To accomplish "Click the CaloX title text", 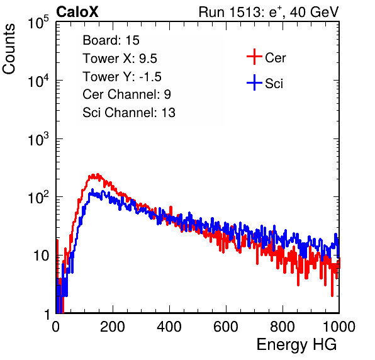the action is [x=77, y=12].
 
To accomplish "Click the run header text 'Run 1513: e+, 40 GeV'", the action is [x=269, y=12].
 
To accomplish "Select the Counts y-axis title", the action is [x=9, y=49].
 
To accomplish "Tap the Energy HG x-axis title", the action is [x=296, y=345].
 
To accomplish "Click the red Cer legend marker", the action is [x=254, y=57].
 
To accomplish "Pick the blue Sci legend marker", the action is [x=254, y=82].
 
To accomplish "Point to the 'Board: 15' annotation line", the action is [x=111, y=40].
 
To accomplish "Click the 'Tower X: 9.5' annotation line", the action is [x=120, y=59].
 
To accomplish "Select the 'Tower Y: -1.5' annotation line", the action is [x=122, y=77].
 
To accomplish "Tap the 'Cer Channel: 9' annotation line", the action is [x=126, y=94].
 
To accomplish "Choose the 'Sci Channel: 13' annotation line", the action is [x=129, y=113].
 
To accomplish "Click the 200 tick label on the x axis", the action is [x=113, y=327].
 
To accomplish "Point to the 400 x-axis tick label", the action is [x=169, y=327].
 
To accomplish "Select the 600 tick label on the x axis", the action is [x=226, y=327].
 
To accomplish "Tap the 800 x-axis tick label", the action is [x=283, y=327].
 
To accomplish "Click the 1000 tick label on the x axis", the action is [x=339, y=327].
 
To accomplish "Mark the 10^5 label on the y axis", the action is [x=38, y=22].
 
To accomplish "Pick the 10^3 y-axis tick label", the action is [x=38, y=139].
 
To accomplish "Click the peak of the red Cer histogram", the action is [x=98, y=174].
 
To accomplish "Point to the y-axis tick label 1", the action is [x=47, y=314].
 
